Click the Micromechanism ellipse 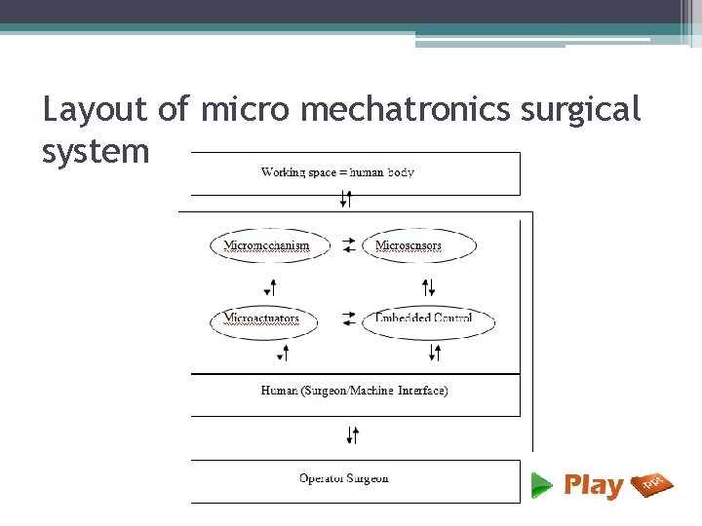click(x=266, y=245)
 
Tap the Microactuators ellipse click(x=262, y=319)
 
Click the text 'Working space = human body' click(x=337, y=172)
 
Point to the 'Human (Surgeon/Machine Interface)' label click(x=354, y=391)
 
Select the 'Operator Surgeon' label click(x=343, y=478)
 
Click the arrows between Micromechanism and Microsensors click(x=349, y=245)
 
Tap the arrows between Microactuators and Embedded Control click(x=349, y=319)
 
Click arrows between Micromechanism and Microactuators click(x=272, y=287)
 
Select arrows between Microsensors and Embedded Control click(x=428, y=287)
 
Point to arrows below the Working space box click(x=345, y=200)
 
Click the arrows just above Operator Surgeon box click(x=353, y=434)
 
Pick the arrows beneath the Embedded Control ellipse click(x=434, y=353)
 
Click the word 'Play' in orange click(x=593, y=485)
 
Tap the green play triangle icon click(x=542, y=484)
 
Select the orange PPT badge click(x=652, y=484)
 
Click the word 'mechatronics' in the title click(x=405, y=110)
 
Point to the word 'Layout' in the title click(x=95, y=110)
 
